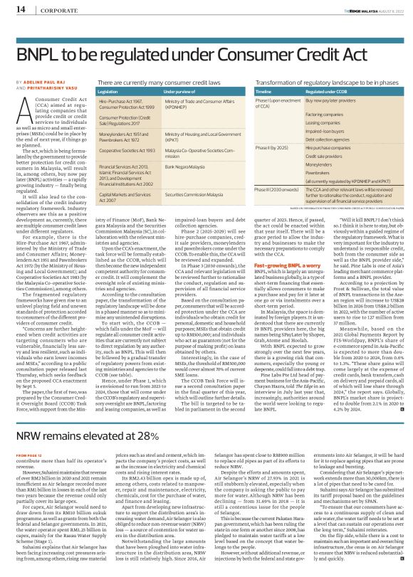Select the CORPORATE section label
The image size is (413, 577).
pyautogui.click(x=49, y=10)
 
